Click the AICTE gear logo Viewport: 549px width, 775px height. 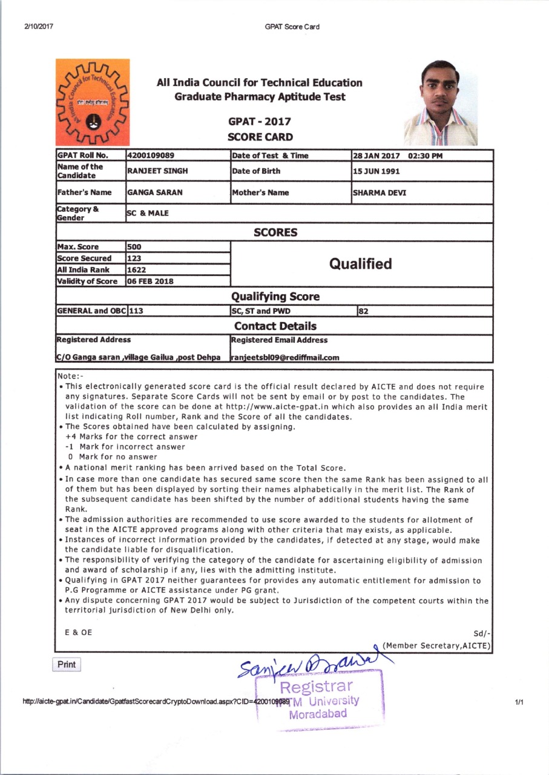[x=93, y=101]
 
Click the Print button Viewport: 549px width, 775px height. [x=67, y=664]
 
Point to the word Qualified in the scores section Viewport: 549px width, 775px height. [x=360, y=264]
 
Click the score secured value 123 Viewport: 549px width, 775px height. [x=134, y=258]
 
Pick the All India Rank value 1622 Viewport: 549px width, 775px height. [x=136, y=269]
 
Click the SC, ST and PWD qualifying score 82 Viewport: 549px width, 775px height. [x=365, y=311]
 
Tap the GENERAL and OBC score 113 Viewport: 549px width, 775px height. [x=137, y=311]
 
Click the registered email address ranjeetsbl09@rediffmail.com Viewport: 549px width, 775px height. [x=285, y=357]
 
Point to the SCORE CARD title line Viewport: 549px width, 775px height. [x=260, y=137]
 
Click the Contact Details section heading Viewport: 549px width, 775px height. [x=275, y=326]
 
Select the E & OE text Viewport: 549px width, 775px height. [x=79, y=632]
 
